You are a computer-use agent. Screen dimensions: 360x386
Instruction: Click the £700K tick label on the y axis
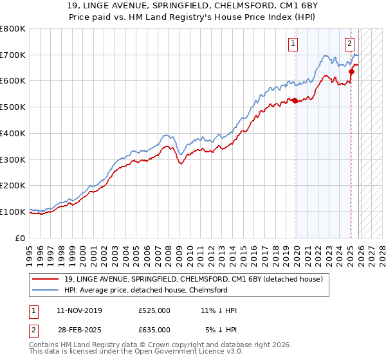[x=12, y=55]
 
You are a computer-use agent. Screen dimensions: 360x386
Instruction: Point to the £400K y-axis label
[x=12, y=133]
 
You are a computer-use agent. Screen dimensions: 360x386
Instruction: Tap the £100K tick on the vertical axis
[x=12, y=212]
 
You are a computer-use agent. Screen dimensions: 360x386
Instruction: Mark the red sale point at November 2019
[x=295, y=100]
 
